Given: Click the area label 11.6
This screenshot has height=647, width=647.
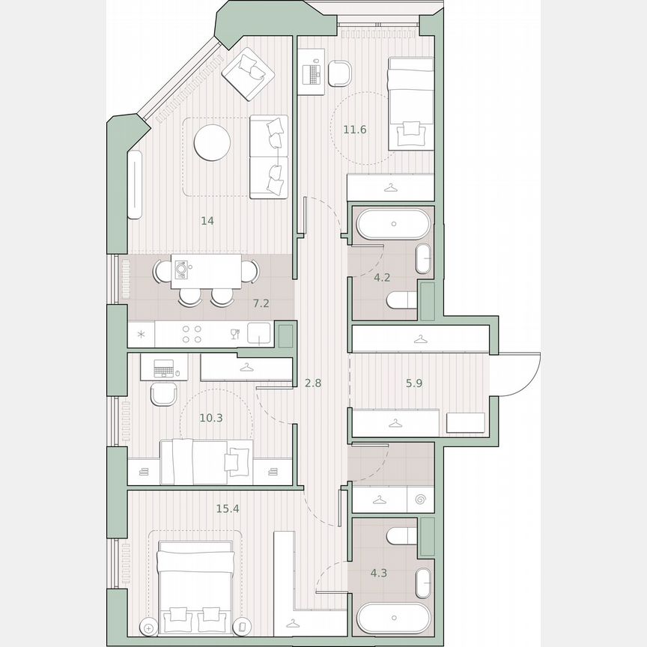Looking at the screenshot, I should (354, 130).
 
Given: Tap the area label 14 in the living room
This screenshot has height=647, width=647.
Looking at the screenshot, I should (208, 221).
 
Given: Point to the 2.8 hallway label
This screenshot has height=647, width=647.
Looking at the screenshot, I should (313, 383).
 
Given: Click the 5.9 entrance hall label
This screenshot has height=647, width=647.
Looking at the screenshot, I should (414, 382).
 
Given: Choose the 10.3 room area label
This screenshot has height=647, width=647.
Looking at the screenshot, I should (212, 418).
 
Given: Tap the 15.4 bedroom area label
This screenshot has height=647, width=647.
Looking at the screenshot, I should (228, 508).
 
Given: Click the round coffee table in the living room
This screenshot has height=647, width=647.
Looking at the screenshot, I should (212, 142).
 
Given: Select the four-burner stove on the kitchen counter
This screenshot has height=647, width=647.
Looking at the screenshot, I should (191, 334).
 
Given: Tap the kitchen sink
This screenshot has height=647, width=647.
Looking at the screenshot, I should (259, 334).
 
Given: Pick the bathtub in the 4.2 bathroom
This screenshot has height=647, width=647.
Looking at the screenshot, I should (393, 223).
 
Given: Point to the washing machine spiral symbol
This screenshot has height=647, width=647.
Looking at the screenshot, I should (420, 499).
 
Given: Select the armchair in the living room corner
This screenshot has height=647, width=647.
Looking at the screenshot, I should (248, 72).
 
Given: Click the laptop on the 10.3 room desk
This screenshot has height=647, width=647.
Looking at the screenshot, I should (164, 368).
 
